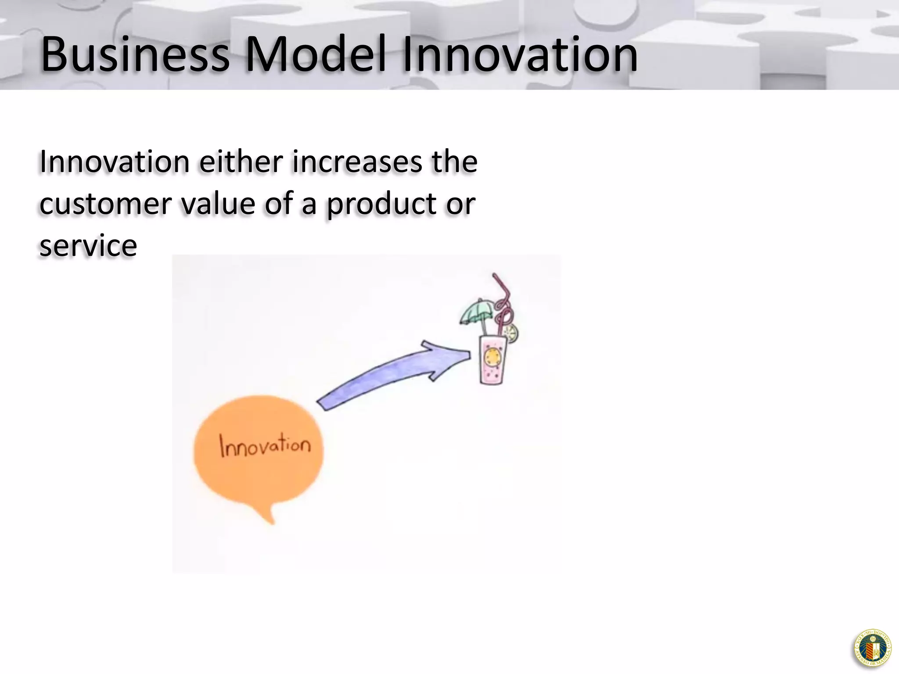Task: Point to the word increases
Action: [x=356, y=162]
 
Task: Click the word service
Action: [x=88, y=245]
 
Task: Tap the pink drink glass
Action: [x=492, y=360]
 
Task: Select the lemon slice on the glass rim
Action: [x=511, y=333]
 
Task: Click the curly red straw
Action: [x=503, y=303]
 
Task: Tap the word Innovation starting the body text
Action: [x=114, y=162]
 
